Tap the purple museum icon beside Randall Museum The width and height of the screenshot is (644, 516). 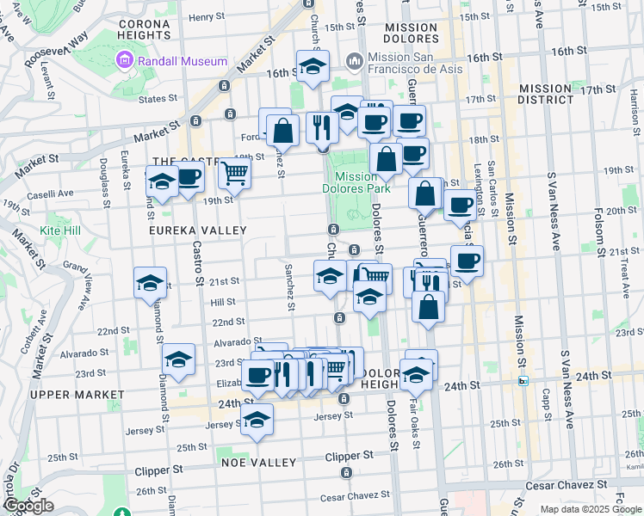[x=125, y=61]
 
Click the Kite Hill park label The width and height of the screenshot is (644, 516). [x=59, y=231]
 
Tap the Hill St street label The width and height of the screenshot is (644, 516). [x=222, y=303]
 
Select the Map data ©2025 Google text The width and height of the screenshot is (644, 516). [x=591, y=509]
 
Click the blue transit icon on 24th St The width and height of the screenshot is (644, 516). [x=522, y=381]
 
